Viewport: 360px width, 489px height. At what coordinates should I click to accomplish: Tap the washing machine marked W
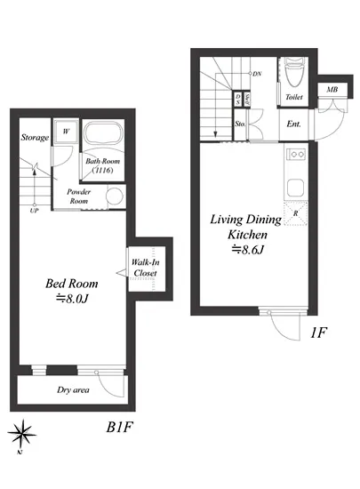coord(66,131)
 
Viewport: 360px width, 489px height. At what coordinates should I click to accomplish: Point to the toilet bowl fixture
coord(293,72)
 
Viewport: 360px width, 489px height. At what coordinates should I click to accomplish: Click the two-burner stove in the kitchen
coord(296,154)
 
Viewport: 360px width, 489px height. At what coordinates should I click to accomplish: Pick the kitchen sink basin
coord(295,188)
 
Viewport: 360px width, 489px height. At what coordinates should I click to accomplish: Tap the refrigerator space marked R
coord(295,213)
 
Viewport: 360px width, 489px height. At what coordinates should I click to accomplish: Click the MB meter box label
coord(332,90)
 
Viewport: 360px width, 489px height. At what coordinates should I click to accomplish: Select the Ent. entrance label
coord(293,124)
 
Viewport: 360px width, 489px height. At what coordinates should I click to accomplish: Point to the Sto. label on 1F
coord(240,124)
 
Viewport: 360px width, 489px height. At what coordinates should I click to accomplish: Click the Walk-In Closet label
coord(145,268)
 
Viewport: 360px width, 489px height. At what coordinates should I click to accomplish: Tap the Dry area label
coord(73,389)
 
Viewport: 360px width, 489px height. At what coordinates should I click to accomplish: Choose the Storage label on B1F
coord(35,137)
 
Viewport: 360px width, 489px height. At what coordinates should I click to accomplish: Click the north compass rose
coord(22,433)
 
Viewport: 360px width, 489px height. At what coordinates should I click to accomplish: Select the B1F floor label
coord(120,427)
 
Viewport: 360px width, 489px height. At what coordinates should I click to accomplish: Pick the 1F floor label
coord(318,333)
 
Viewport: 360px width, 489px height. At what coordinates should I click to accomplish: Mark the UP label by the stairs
coord(35,211)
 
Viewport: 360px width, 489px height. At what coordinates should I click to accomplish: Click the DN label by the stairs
coord(257,74)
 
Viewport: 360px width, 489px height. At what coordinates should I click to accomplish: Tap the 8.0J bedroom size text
coord(72,299)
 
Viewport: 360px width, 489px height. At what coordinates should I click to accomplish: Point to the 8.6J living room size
coord(247,250)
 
